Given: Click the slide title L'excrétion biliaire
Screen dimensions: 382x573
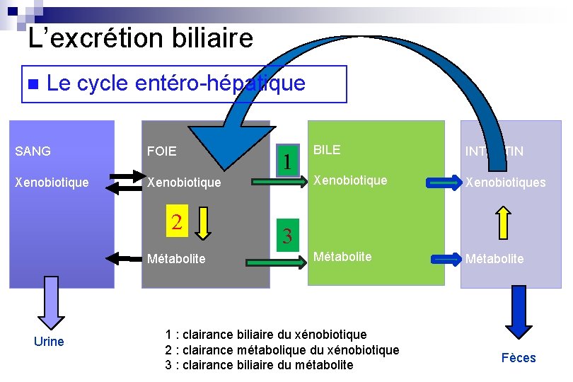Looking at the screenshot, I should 140,37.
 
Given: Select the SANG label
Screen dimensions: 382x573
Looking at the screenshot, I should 33,151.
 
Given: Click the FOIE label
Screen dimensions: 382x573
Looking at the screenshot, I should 161,151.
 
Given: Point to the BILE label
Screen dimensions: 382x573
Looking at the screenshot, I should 327,149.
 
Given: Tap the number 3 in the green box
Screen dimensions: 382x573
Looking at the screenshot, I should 287,236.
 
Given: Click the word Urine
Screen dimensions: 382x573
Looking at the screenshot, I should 49,342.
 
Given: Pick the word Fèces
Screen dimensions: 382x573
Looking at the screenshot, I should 519,358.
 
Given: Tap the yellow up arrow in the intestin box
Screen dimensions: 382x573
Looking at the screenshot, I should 503,221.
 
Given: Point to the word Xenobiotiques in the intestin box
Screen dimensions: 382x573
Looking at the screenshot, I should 505,183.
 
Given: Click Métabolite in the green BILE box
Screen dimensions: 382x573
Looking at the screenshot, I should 342,256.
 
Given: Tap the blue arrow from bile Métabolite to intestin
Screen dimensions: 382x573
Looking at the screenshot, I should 446,259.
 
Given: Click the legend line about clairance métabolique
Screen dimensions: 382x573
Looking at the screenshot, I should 282,349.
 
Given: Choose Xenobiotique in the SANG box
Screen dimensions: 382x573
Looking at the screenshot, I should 52,182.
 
